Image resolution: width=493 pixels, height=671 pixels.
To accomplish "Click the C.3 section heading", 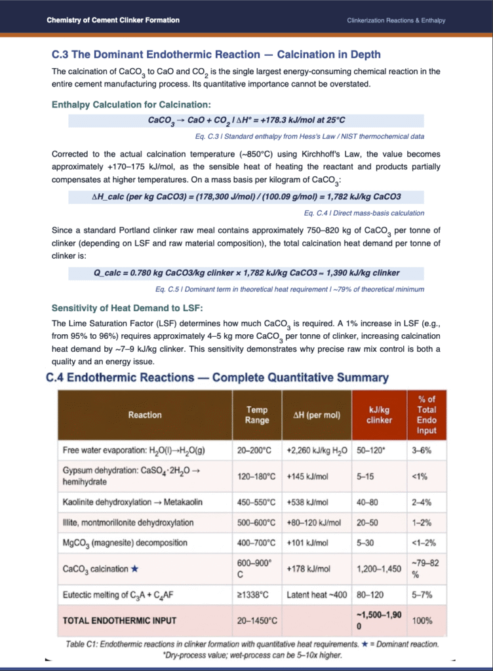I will click(x=216, y=54).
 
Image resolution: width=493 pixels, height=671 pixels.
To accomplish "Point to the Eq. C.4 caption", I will click(x=364, y=213).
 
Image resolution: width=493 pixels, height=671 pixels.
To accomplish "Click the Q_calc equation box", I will click(x=246, y=273).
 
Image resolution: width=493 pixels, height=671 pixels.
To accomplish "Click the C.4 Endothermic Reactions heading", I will click(x=217, y=377).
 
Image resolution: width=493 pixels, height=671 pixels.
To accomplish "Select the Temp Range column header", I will click(x=257, y=415).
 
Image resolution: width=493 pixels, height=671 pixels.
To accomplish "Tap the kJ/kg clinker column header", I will click(x=375, y=415).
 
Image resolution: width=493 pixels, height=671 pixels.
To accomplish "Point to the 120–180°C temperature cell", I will click(x=257, y=476).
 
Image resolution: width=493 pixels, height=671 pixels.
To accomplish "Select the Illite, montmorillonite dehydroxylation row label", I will click(x=128, y=522).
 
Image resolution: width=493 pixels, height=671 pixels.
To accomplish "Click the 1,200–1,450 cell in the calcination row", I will click(x=379, y=569).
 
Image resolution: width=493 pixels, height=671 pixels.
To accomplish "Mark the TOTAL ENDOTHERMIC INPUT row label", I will click(x=119, y=620).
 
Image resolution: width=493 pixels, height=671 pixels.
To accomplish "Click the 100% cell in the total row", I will click(x=422, y=620).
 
